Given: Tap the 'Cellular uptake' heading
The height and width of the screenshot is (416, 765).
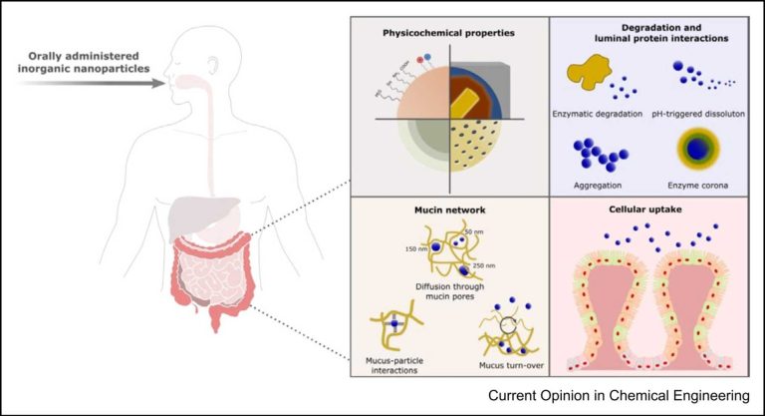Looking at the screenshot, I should pyautogui.click(x=648, y=211).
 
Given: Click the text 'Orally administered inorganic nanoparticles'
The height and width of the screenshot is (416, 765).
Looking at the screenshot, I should pyautogui.click(x=85, y=61).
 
